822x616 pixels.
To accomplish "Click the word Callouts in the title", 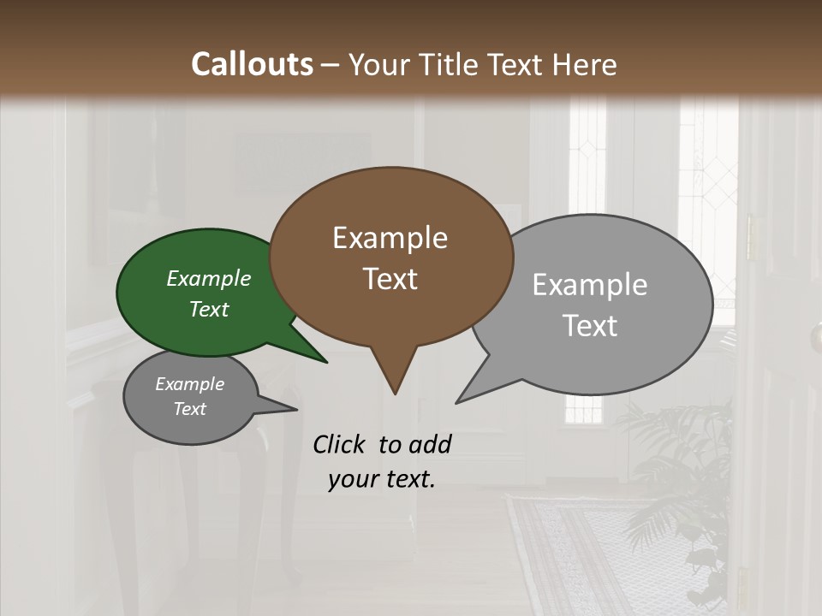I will point(253,64).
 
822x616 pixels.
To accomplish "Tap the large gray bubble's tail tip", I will point(458,401).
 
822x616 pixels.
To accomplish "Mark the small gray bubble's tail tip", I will point(295,410).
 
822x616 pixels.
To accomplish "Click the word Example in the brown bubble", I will point(390,237).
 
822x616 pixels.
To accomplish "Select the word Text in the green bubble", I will point(208,310).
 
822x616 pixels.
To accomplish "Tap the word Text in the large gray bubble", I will point(590,326).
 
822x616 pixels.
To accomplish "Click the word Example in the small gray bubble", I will point(189,384).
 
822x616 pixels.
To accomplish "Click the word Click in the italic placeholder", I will point(341,444).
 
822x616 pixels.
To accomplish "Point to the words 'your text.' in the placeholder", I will point(382,480).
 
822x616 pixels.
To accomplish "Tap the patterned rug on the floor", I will point(599,556).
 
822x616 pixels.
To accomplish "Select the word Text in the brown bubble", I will point(390,279).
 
